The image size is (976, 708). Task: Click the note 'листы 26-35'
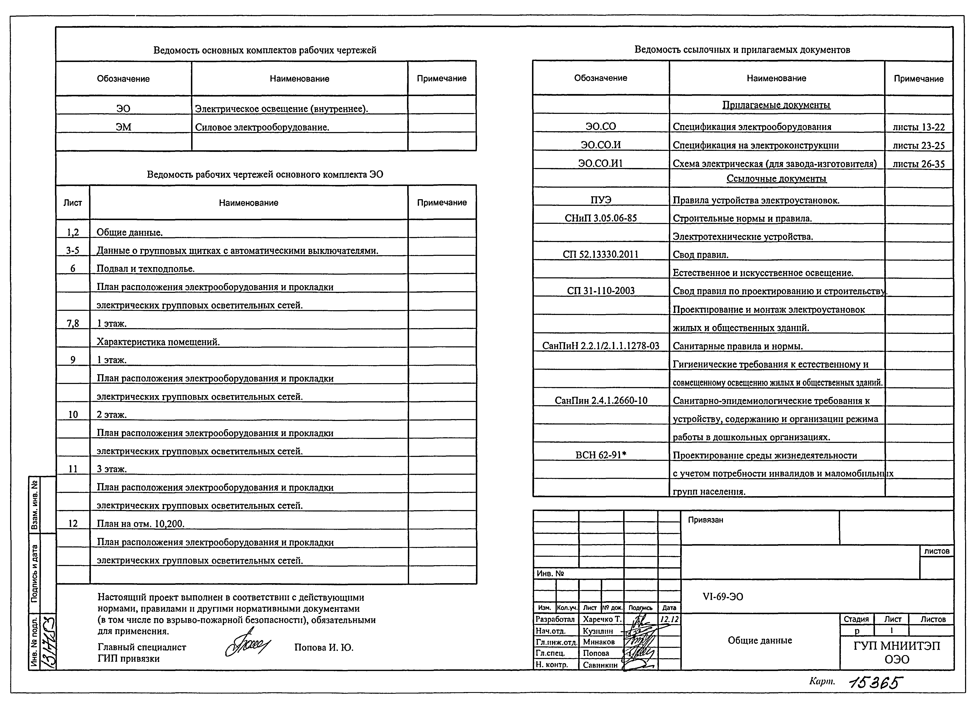click(x=918, y=164)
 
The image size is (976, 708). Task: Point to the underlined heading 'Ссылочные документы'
click(x=776, y=179)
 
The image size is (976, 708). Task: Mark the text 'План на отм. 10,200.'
click(x=140, y=524)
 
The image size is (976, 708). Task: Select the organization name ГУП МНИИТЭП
click(x=897, y=646)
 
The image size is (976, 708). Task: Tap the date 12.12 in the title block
click(x=669, y=619)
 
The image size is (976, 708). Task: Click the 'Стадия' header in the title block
click(x=856, y=619)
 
